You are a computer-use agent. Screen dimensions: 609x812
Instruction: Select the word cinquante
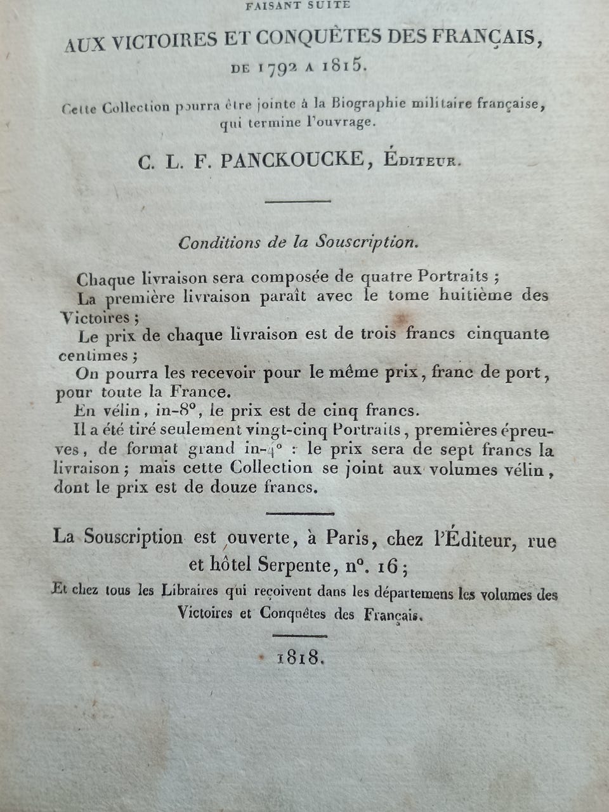pos(507,334)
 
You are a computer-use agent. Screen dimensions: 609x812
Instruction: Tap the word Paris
pos(348,538)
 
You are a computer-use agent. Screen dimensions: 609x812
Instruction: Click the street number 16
pos(388,565)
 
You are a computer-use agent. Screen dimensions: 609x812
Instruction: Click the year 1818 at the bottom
pos(301,658)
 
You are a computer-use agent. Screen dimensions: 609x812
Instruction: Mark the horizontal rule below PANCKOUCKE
pos(298,201)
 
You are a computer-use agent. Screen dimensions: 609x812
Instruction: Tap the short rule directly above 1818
pos(299,634)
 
